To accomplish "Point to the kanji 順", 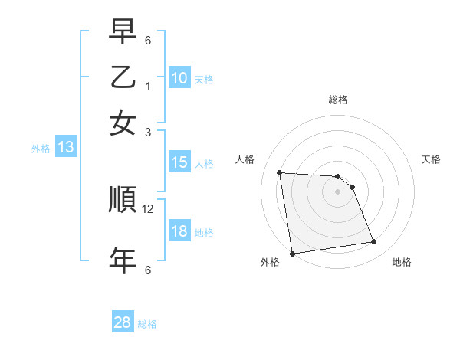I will (x=123, y=201).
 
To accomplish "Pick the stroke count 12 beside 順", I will (x=148, y=209).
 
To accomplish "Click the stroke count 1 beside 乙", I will (x=148, y=86).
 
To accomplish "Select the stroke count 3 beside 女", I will (x=148, y=132).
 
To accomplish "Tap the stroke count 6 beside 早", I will (x=148, y=40).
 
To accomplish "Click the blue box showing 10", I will (x=179, y=78).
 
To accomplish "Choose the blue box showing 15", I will (x=179, y=162).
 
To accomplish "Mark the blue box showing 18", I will (x=179, y=232).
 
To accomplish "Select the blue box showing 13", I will (x=65, y=148).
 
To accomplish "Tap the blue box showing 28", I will (x=122, y=322).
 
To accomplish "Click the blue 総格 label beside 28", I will (x=148, y=324).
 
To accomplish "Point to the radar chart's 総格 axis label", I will (x=337, y=100).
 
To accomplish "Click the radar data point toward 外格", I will (x=292, y=254).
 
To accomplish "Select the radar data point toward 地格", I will (x=373, y=242).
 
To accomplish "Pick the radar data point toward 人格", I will (x=279, y=172).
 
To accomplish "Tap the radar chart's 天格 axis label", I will (x=431, y=159).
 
